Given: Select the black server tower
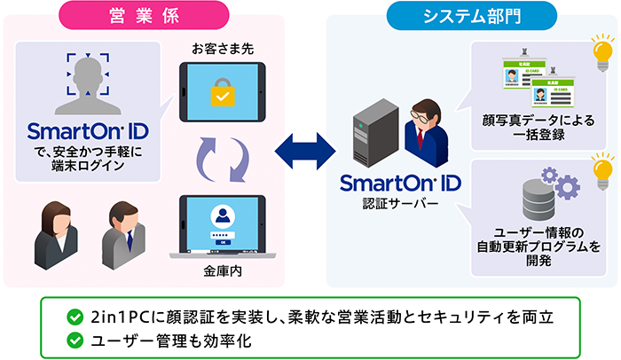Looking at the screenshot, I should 369,131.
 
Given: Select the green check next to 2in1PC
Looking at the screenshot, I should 75,317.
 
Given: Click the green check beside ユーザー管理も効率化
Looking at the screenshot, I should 75,340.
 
